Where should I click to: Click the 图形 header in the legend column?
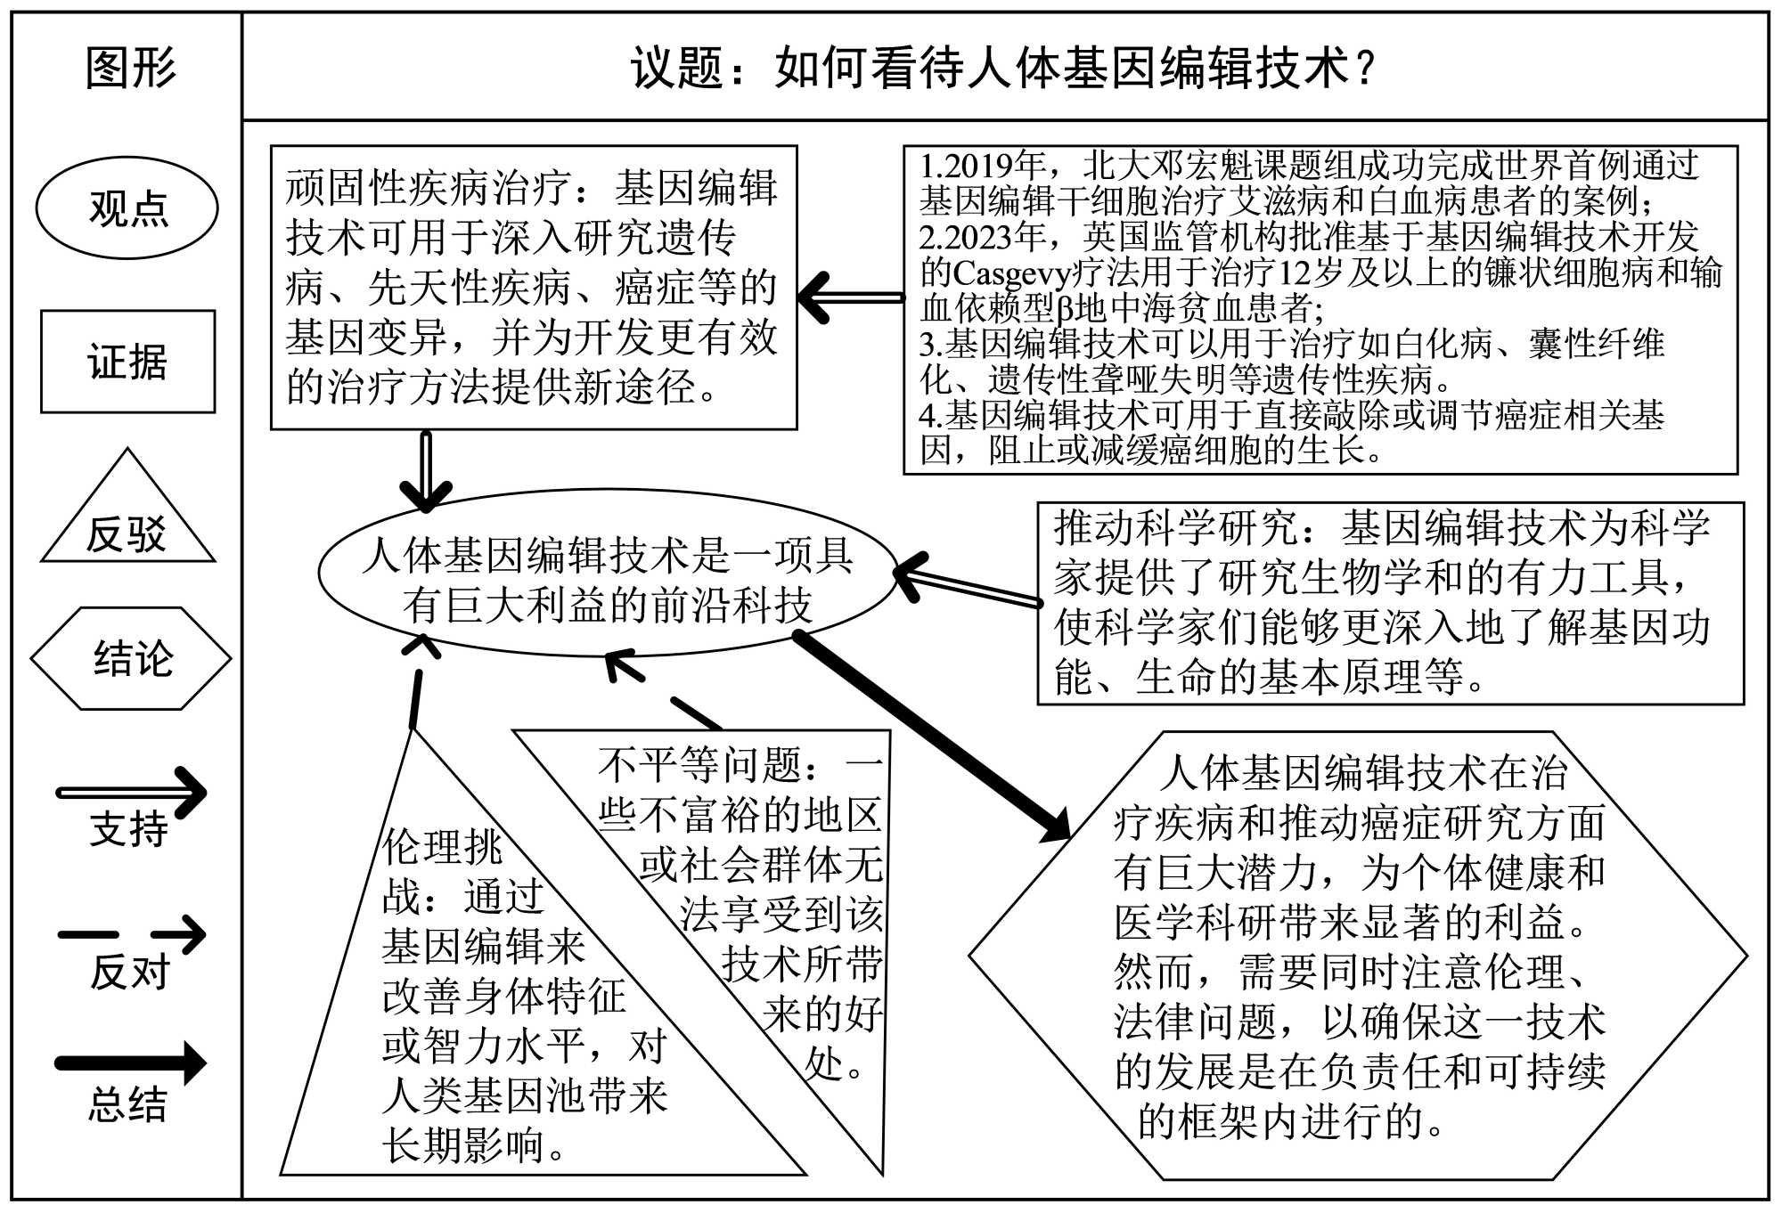[x=130, y=68]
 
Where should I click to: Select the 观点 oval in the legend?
[x=127, y=208]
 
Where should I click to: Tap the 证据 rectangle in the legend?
[x=127, y=362]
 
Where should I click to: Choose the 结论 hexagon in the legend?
[x=131, y=658]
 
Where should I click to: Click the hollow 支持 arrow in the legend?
[x=132, y=792]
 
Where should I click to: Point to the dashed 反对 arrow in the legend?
[x=132, y=934]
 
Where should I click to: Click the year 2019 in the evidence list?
[x=980, y=166]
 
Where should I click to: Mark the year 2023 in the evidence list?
[x=980, y=237]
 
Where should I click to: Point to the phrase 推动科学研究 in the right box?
[x=1175, y=527]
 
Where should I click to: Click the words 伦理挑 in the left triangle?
[x=442, y=846]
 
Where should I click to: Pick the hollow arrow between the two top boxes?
[x=851, y=297]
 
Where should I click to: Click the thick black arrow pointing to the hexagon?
[x=931, y=735]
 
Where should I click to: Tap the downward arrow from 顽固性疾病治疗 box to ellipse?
[x=426, y=470]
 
